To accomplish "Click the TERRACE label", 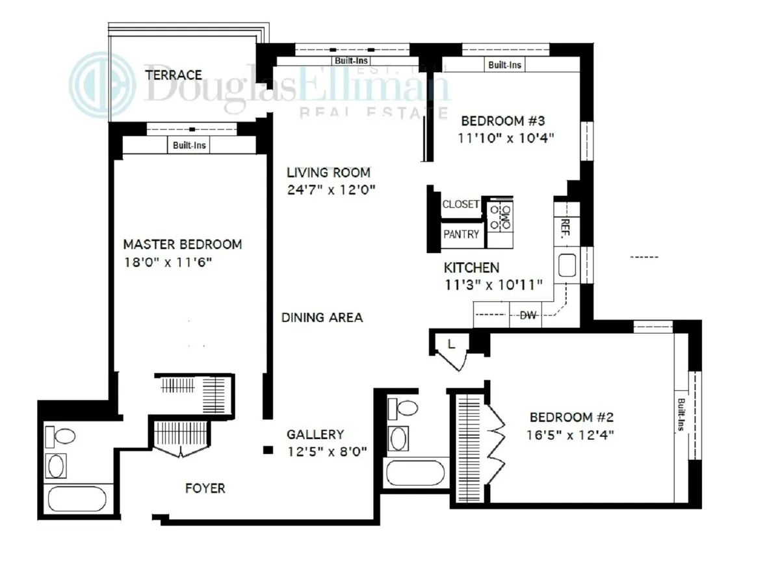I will (x=174, y=75).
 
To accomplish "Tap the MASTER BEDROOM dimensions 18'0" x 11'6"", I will (x=168, y=263).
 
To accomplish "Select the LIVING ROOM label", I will (x=329, y=173).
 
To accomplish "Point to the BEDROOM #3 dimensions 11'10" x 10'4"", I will (x=507, y=138).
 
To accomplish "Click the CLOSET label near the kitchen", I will (x=461, y=204).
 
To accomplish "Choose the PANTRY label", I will (x=461, y=234).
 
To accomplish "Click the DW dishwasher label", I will (x=528, y=315).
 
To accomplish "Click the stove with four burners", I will (x=500, y=216).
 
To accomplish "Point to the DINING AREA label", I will (x=322, y=318).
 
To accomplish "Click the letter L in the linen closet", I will (x=451, y=344).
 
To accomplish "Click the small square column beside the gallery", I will (x=266, y=449).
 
